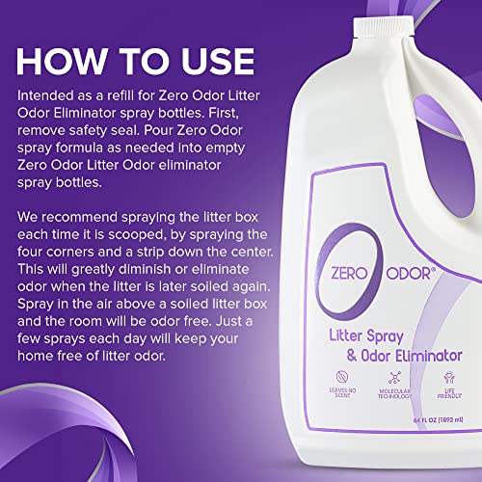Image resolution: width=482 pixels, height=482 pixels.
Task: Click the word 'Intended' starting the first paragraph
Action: coord(49,98)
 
